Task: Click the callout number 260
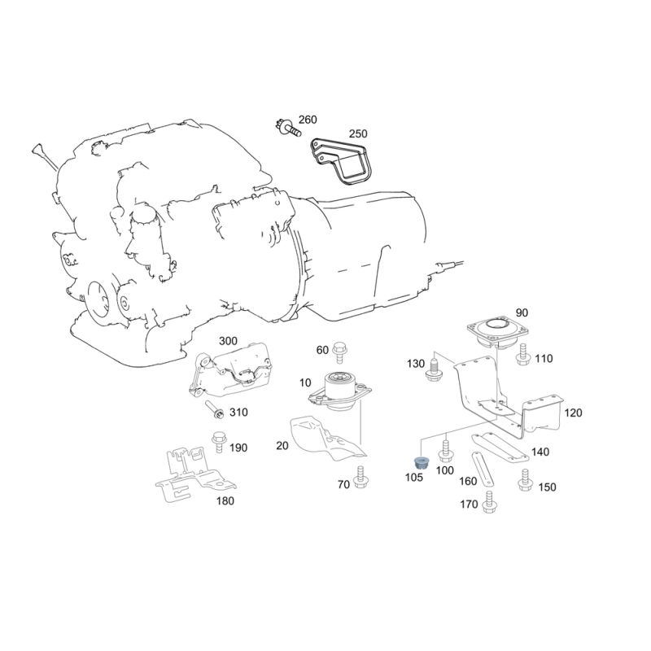(308, 120)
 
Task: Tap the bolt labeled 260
(288, 128)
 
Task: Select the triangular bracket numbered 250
(341, 161)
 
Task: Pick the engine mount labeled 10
(340, 392)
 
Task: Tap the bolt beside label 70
(360, 478)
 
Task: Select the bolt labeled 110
(523, 354)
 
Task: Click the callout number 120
(573, 413)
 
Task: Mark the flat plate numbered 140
(500, 448)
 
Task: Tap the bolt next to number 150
(525, 480)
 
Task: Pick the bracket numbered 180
(196, 474)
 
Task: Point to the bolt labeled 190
(218, 442)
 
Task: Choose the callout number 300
(228, 341)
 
